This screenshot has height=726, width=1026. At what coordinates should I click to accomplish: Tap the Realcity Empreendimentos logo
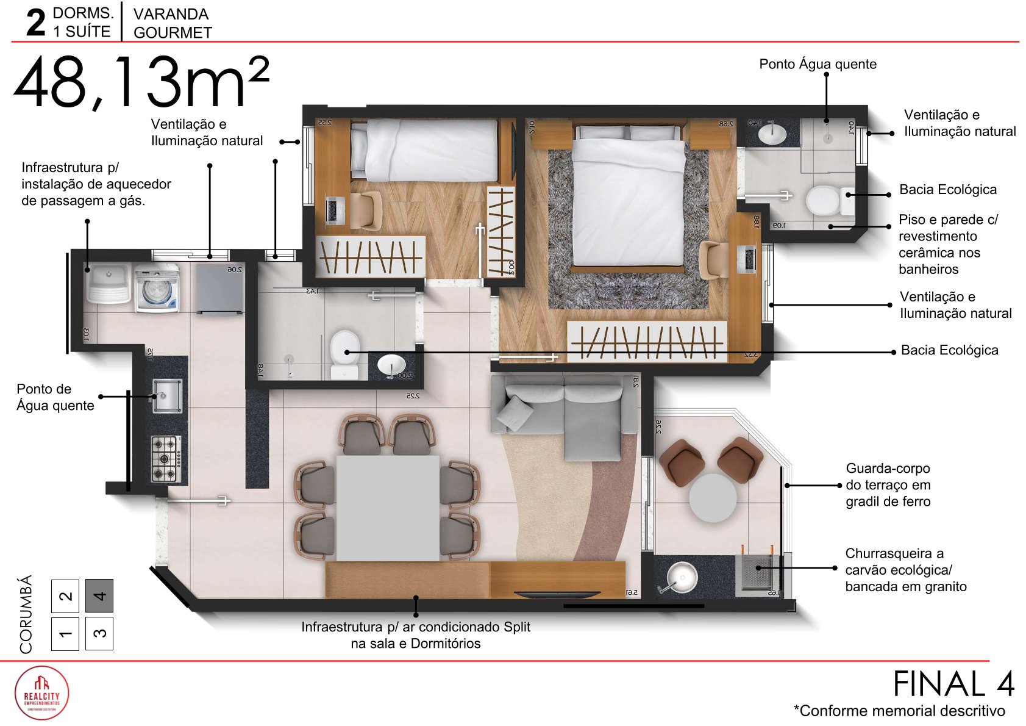pos(41,693)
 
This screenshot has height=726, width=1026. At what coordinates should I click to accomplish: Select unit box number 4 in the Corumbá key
pos(99,595)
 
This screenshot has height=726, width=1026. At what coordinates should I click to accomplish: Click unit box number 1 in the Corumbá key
pos(65,634)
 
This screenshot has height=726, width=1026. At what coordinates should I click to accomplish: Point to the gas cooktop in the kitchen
pos(166,458)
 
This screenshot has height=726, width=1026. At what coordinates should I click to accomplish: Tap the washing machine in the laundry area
pos(157,289)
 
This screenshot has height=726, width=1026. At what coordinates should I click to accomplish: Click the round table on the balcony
pos(712,498)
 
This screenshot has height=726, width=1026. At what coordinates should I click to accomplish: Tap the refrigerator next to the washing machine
pos(219,289)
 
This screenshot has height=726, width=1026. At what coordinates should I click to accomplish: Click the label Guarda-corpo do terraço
pos(888,485)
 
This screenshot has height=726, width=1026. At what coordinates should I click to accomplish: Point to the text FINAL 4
pos(953,683)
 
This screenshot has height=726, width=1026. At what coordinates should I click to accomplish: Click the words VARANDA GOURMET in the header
pos(172,23)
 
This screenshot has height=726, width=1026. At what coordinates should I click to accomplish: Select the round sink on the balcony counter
pos(682,576)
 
